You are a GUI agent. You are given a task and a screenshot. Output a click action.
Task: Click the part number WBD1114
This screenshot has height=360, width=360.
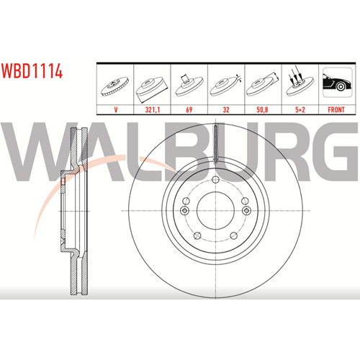coord(32,71)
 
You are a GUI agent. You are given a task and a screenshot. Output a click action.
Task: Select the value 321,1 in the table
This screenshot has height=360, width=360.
coord(153,109)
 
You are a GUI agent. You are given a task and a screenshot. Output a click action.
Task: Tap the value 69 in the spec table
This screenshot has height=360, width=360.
coord(189,109)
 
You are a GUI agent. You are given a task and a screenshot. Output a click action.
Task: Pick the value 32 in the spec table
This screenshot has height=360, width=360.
coord(226,109)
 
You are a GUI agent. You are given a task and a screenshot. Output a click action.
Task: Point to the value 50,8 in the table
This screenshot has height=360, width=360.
coord(263,109)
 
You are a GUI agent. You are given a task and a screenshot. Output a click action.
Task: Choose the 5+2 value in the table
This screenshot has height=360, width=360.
coord(300,109)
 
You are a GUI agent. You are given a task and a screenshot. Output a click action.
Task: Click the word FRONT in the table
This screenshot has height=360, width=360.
coord(336,109)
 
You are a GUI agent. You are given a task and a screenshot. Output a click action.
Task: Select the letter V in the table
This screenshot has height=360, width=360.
coord(116,109)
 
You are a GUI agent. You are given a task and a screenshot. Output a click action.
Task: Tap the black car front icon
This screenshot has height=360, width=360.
coord(337,82)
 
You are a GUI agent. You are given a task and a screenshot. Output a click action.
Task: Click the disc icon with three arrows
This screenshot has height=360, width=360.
coord(300,81)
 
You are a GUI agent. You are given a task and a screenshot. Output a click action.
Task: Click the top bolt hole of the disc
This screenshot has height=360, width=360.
coord(215,179)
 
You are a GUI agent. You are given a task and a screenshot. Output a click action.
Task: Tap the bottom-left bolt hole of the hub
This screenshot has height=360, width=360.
coord(197,236)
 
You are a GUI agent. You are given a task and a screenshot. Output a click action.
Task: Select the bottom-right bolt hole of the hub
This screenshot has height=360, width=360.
coord(233,235)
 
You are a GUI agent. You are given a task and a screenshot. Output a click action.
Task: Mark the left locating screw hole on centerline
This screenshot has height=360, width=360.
coord(184,211)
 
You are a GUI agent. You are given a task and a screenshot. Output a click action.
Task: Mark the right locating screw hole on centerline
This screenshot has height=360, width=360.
coord(246,211)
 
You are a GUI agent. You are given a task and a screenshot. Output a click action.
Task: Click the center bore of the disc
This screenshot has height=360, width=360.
coord(215,210)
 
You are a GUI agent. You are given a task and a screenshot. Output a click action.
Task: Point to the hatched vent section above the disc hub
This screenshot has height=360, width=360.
coord(216,144)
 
